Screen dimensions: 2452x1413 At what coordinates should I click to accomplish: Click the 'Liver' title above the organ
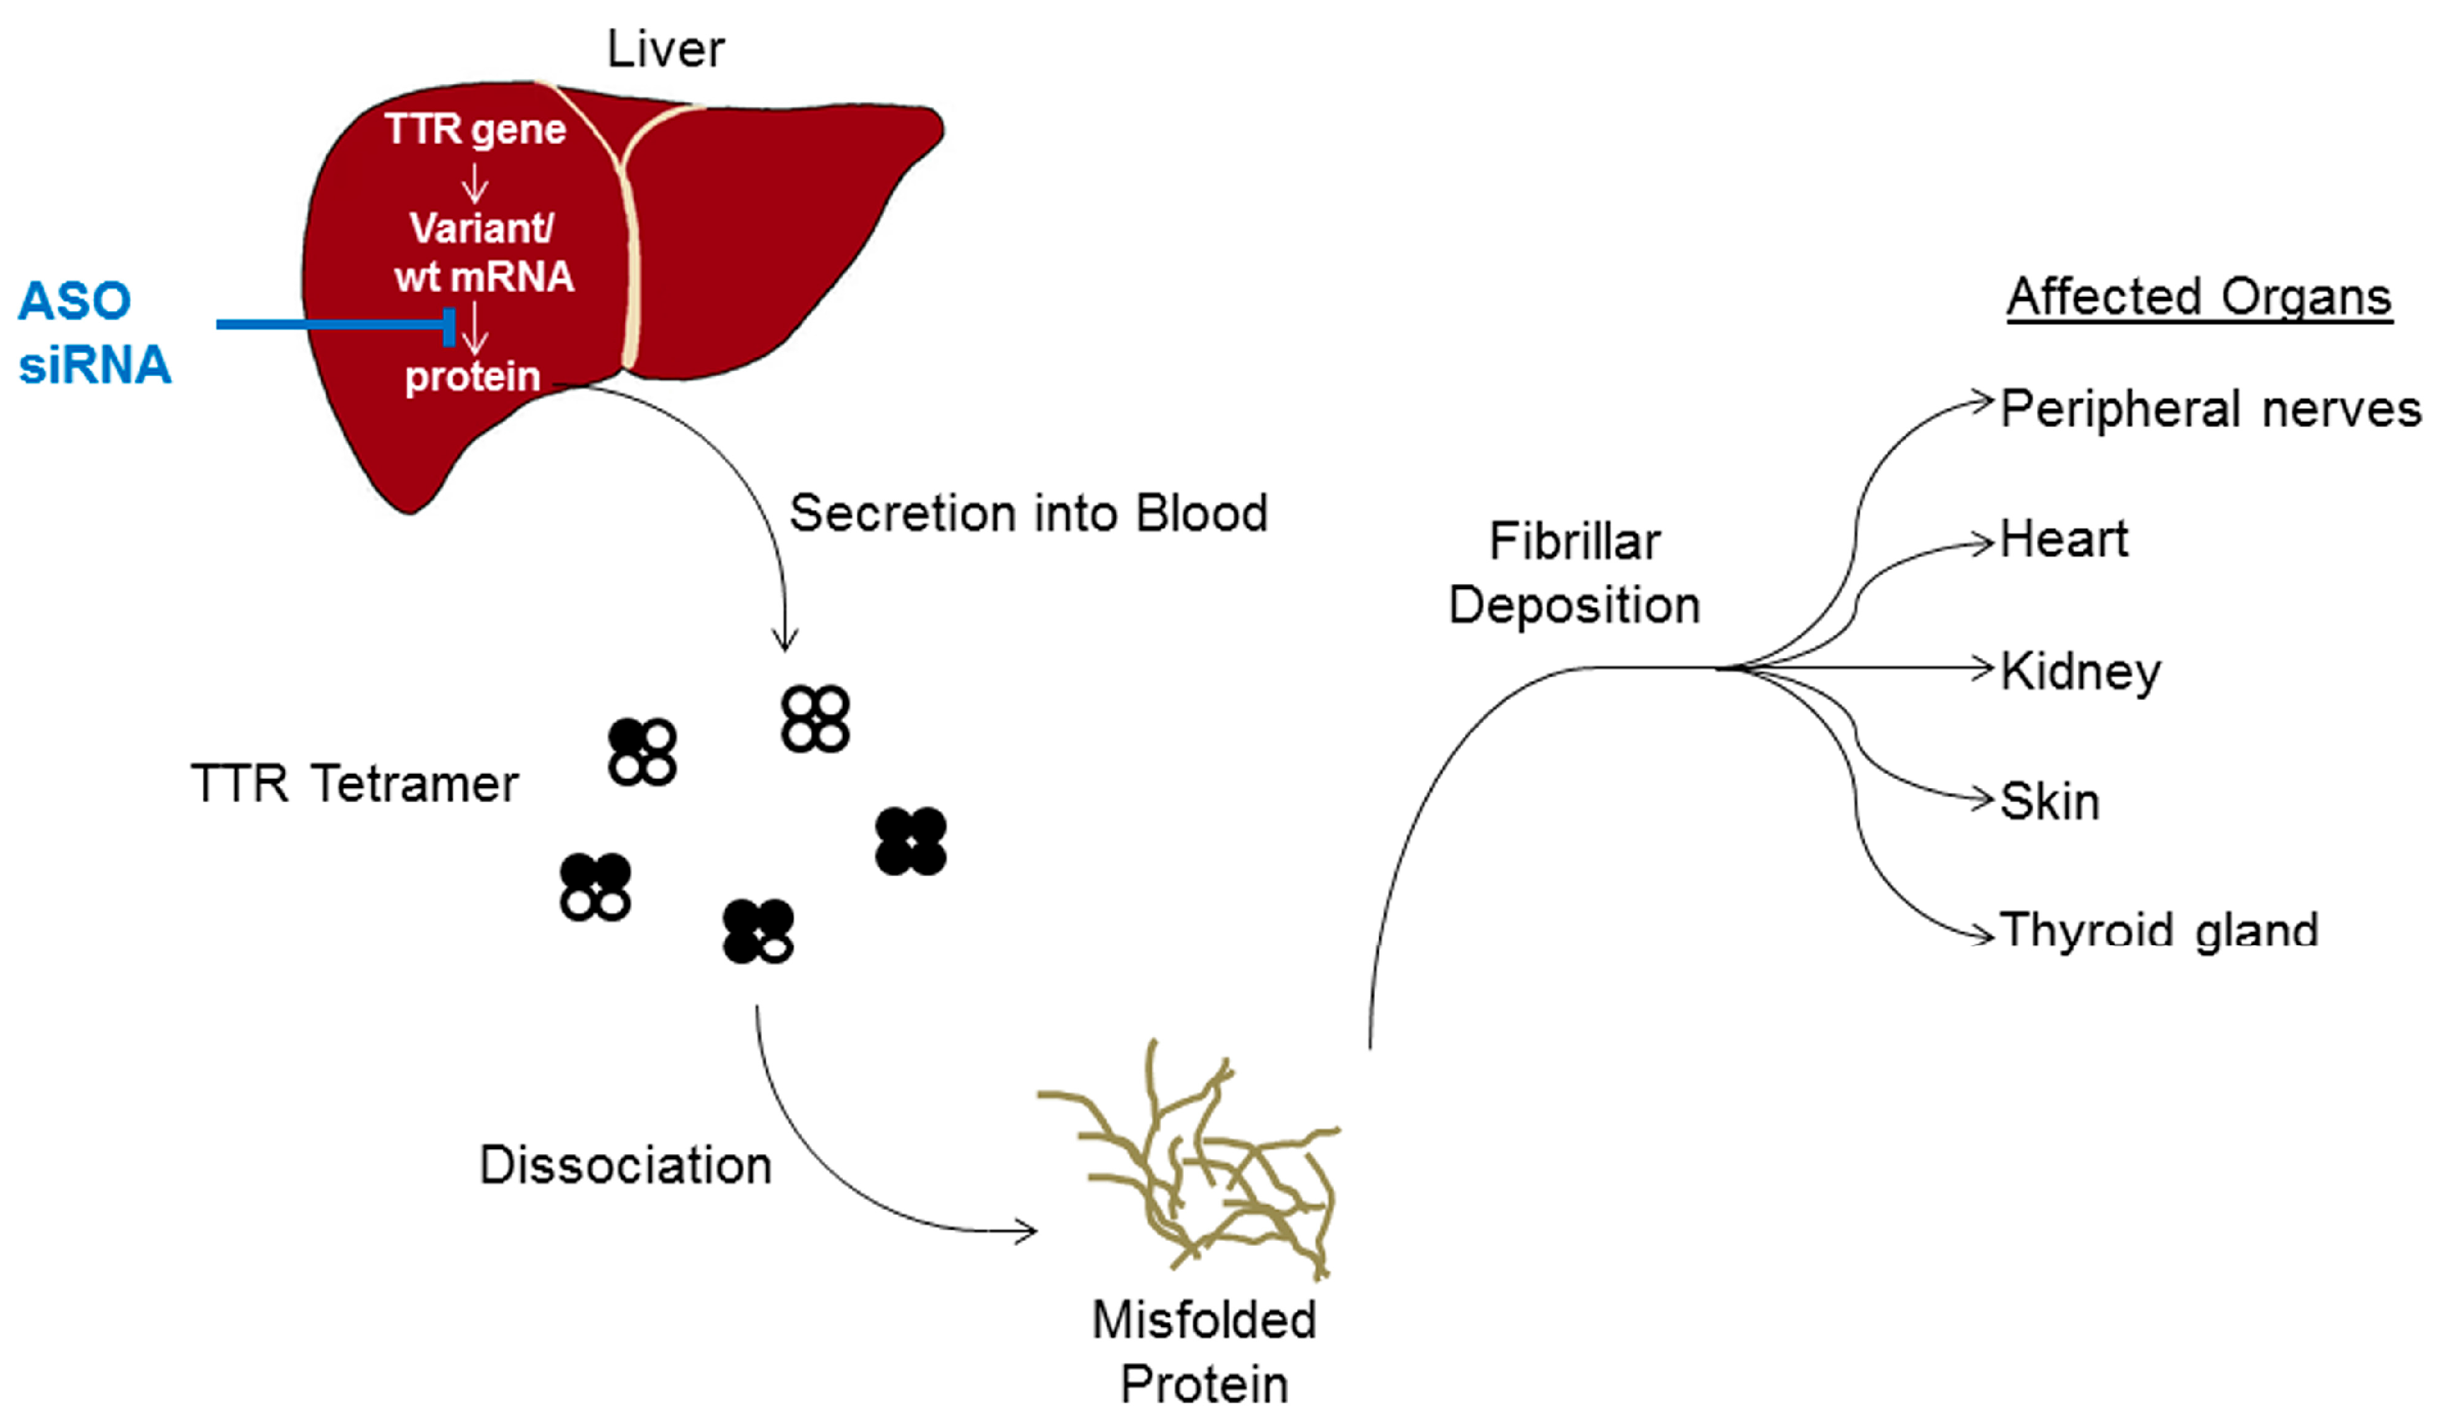(x=666, y=49)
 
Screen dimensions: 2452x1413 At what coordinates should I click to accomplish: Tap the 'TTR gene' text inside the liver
(x=475, y=130)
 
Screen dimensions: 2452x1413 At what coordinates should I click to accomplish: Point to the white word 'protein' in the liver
(x=473, y=377)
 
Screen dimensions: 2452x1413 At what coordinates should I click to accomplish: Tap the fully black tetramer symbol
(x=910, y=840)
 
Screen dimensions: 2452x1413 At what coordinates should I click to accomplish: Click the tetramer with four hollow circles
(x=815, y=719)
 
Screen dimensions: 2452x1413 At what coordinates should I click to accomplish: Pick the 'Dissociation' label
(x=626, y=1165)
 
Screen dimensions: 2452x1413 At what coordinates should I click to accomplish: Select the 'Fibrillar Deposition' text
(x=1574, y=573)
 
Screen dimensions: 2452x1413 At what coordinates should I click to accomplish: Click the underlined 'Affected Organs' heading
(x=2199, y=297)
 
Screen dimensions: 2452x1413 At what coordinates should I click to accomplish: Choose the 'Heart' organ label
(x=2064, y=539)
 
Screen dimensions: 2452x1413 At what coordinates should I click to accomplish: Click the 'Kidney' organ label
(x=2080, y=672)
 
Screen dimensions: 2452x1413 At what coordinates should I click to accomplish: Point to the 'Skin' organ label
(x=2049, y=801)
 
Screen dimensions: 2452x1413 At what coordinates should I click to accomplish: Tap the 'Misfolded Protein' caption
(x=1204, y=1351)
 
